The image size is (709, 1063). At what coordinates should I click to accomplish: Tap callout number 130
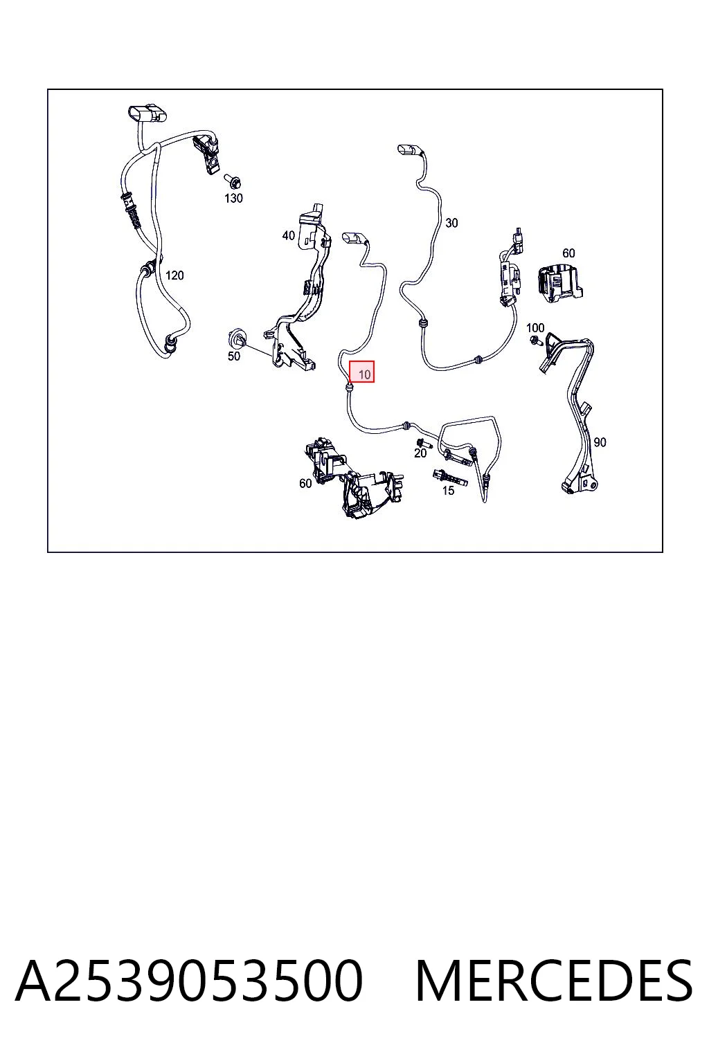tap(233, 198)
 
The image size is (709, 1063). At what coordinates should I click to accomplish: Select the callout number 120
tap(174, 275)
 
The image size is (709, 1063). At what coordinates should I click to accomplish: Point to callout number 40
tap(288, 235)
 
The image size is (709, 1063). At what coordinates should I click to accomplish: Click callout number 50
tap(233, 356)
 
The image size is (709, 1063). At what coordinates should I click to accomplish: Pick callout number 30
tap(451, 223)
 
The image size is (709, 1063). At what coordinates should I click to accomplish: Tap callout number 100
tap(535, 327)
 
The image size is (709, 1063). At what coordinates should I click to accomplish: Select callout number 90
tap(600, 442)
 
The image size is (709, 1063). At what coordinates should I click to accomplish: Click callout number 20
tap(420, 453)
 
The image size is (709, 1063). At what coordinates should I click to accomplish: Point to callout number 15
tap(448, 491)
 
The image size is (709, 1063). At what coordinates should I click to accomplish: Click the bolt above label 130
tap(232, 181)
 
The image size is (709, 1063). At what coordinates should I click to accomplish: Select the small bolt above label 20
tap(422, 442)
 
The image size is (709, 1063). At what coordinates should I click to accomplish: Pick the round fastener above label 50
tap(235, 338)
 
